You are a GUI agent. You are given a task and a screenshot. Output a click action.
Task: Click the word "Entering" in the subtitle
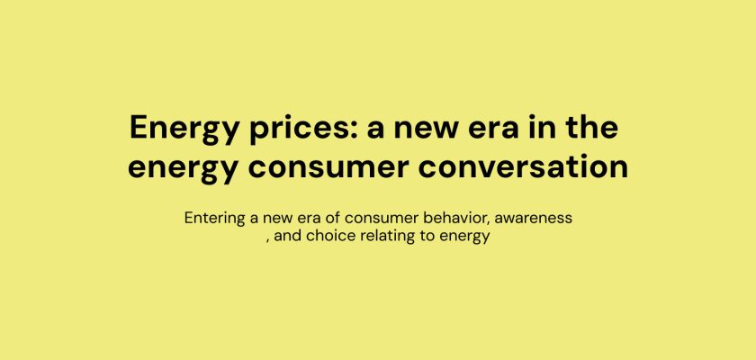(x=215, y=219)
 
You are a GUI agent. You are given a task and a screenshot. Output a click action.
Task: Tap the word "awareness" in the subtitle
(x=533, y=219)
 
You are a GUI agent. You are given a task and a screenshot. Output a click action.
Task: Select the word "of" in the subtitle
(x=334, y=218)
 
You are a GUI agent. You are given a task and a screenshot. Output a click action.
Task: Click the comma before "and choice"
(x=268, y=240)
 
